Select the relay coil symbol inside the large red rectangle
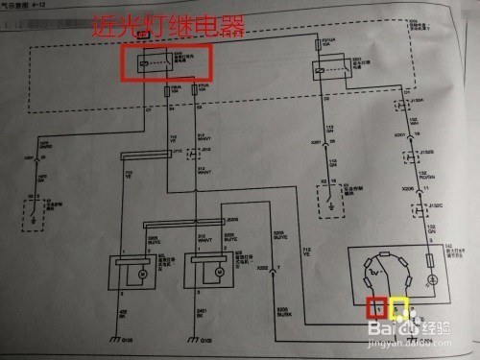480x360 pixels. tap(145, 62)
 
